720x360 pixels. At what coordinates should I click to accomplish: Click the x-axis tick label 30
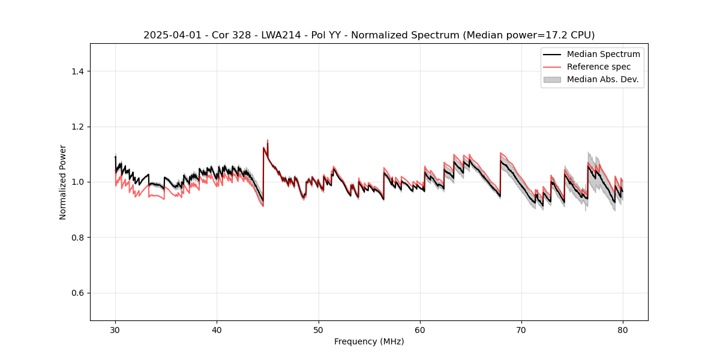coord(115,330)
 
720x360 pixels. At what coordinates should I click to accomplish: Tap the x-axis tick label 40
coord(217,330)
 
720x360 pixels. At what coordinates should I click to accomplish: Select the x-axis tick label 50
coord(318,330)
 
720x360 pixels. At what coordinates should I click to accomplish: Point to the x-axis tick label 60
coord(420,330)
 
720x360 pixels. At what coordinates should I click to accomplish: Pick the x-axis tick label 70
coord(521,330)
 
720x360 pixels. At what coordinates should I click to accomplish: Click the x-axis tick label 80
coord(623,330)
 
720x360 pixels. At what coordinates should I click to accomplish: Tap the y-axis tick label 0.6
coord(77,293)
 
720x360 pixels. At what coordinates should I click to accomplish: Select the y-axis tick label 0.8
coord(77,238)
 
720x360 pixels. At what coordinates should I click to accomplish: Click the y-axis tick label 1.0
coord(77,182)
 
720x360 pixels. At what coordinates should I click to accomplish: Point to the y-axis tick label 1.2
coord(77,127)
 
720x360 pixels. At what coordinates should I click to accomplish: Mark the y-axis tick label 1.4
coord(77,71)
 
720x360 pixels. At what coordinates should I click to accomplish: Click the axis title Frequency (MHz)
coord(369,341)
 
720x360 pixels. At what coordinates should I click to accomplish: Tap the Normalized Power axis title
coord(63,182)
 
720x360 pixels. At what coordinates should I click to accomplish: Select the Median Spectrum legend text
coord(603,54)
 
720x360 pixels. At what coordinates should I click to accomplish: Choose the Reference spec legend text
coord(599,67)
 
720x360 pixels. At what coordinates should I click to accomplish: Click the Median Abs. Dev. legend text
coord(602,79)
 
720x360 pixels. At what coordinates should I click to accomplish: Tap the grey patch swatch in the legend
coord(552,79)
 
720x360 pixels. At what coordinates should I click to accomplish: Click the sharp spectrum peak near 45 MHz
coord(267,140)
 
